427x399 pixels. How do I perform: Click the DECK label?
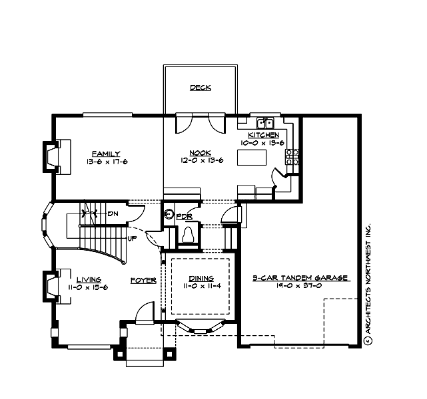tap(200, 87)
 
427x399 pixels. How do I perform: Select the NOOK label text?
tap(200, 152)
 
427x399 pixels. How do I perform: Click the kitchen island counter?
tap(252, 158)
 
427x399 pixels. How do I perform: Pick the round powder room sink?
tap(169, 215)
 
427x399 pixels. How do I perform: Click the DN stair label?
tap(113, 213)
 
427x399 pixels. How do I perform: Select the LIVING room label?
tap(88, 279)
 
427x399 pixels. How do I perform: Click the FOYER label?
tap(143, 280)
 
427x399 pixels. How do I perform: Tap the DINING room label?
tap(201, 279)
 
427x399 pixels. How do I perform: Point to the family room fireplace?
tap(54, 156)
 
